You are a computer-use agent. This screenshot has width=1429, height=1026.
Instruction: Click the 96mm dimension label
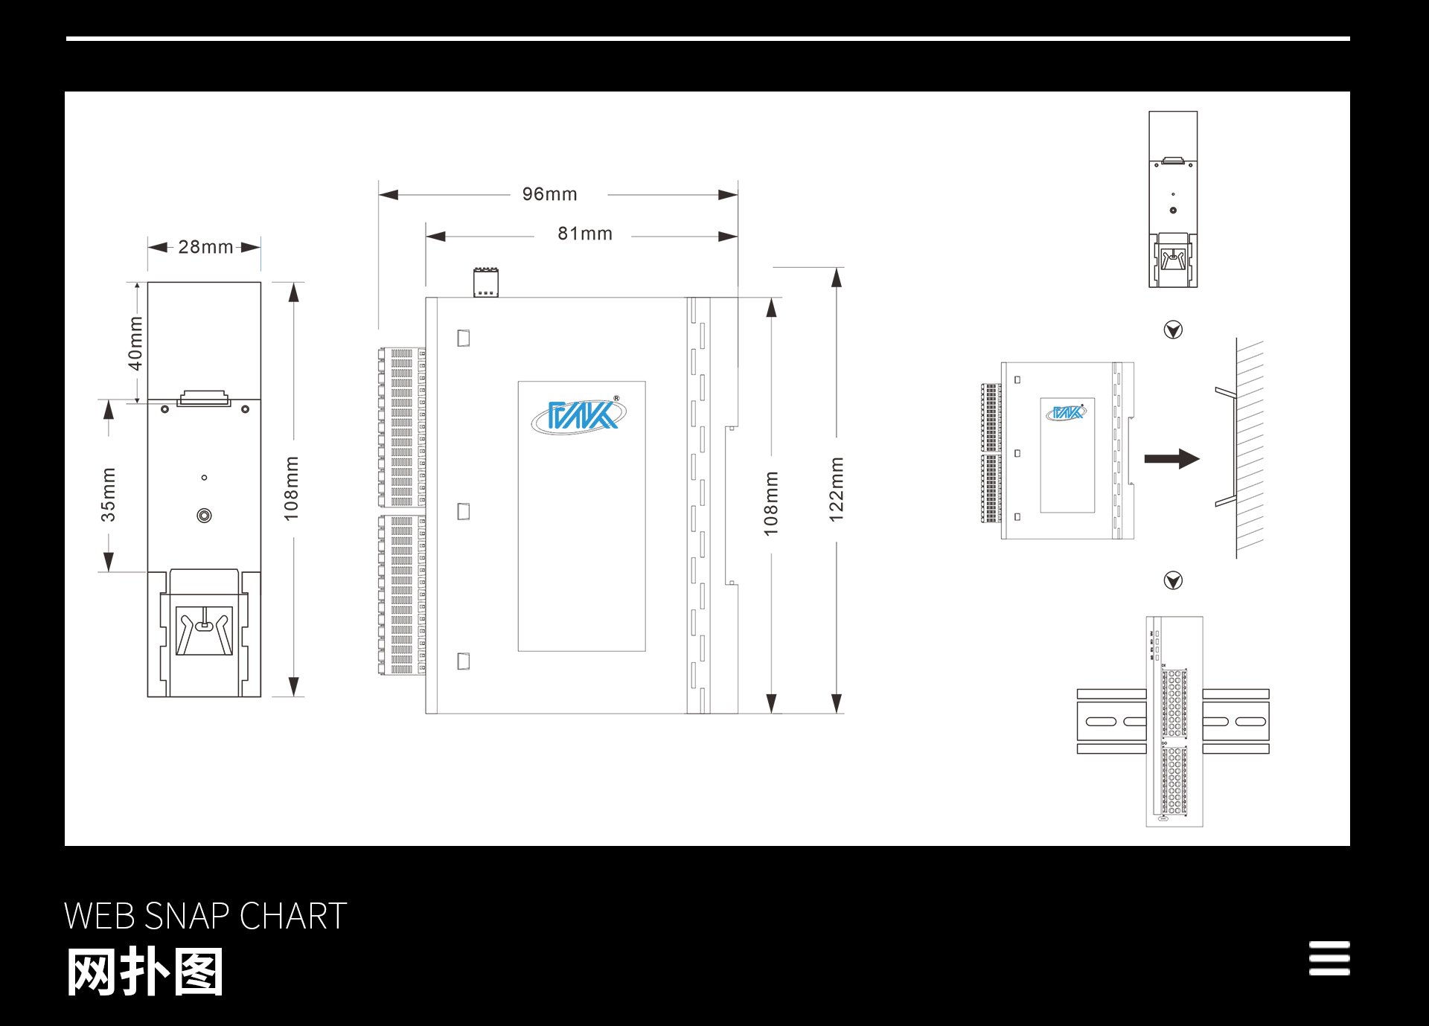(x=549, y=194)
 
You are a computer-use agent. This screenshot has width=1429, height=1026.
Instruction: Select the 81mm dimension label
(x=585, y=234)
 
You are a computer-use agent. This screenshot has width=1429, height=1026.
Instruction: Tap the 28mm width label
(x=205, y=247)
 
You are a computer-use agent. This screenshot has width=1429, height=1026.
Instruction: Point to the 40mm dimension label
(x=135, y=343)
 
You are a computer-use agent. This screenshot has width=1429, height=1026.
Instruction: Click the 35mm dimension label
(x=109, y=494)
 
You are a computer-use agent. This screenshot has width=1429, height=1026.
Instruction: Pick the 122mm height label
(x=837, y=489)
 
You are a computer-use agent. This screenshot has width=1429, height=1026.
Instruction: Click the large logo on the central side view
(x=579, y=415)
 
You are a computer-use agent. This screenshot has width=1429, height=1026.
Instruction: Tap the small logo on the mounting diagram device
(x=1067, y=412)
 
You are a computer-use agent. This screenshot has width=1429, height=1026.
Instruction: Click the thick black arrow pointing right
(x=1171, y=458)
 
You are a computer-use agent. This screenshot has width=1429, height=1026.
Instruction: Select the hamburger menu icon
(x=1329, y=958)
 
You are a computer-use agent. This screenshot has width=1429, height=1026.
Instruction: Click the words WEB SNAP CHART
(x=205, y=916)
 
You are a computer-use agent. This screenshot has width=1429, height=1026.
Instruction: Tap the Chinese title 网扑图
(x=145, y=972)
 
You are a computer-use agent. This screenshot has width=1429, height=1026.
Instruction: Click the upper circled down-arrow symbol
(x=1173, y=330)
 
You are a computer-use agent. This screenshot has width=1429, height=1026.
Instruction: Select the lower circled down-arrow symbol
(x=1173, y=580)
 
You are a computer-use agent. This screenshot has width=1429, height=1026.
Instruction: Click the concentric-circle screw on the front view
(x=204, y=516)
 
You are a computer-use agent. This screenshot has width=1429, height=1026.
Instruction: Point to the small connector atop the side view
(x=486, y=283)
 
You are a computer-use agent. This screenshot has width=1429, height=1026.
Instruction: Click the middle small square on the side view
(x=464, y=512)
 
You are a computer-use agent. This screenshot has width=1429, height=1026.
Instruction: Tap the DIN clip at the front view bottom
(x=204, y=631)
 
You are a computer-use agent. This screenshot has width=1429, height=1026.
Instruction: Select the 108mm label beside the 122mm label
(x=771, y=503)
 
